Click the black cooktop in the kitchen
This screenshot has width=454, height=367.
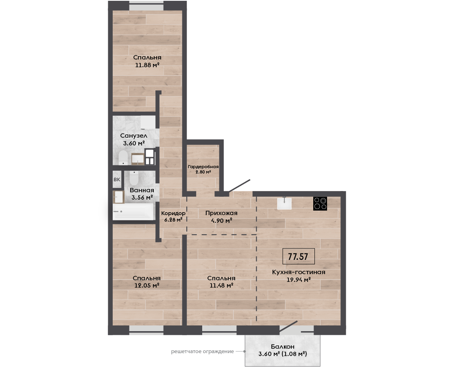click(320, 204)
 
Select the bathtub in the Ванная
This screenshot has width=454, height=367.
click(133, 212)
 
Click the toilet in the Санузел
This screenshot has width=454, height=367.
click(123, 157)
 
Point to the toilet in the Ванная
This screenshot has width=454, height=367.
click(134, 178)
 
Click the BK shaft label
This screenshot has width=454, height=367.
click(117, 180)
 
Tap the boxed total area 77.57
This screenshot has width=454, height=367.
click(298, 256)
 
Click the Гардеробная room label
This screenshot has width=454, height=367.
click(203, 167)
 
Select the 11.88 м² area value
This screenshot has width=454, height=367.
click(147, 65)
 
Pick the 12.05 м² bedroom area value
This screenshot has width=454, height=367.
click(147, 285)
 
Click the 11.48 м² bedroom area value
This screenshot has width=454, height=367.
click(221, 285)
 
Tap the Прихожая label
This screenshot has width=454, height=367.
click(221, 213)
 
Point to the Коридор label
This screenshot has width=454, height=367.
click(173, 213)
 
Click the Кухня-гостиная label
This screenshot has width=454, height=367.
click(299, 272)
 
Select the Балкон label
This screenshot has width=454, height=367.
click(283, 346)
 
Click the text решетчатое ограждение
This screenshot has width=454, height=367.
click(203, 352)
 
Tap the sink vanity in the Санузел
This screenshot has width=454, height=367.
click(138, 159)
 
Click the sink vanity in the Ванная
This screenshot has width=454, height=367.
click(118, 197)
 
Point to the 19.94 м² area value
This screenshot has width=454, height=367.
click(299, 280)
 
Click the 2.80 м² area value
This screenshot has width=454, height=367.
click(203, 172)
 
